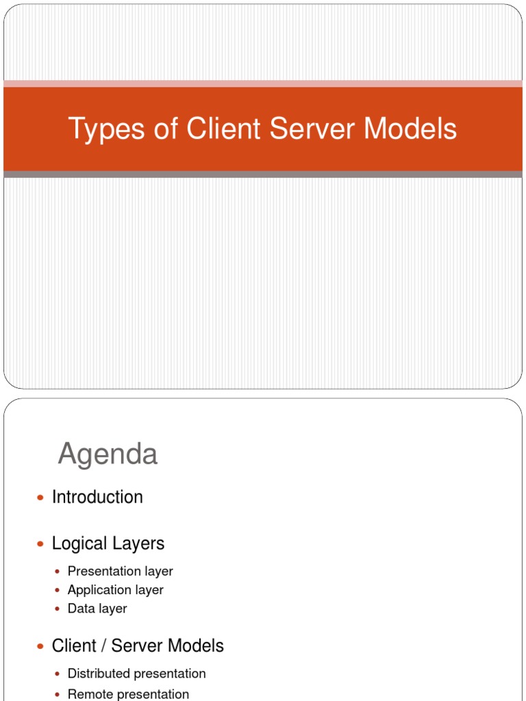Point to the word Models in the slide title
coord(410,129)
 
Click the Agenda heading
coord(108,454)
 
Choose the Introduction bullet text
coord(97,497)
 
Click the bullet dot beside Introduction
coord(40,498)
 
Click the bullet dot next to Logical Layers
coord(40,544)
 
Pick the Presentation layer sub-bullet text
coord(120,572)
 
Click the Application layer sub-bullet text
coord(115,590)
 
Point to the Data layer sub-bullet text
coord(97,609)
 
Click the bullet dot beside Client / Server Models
coord(40,646)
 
